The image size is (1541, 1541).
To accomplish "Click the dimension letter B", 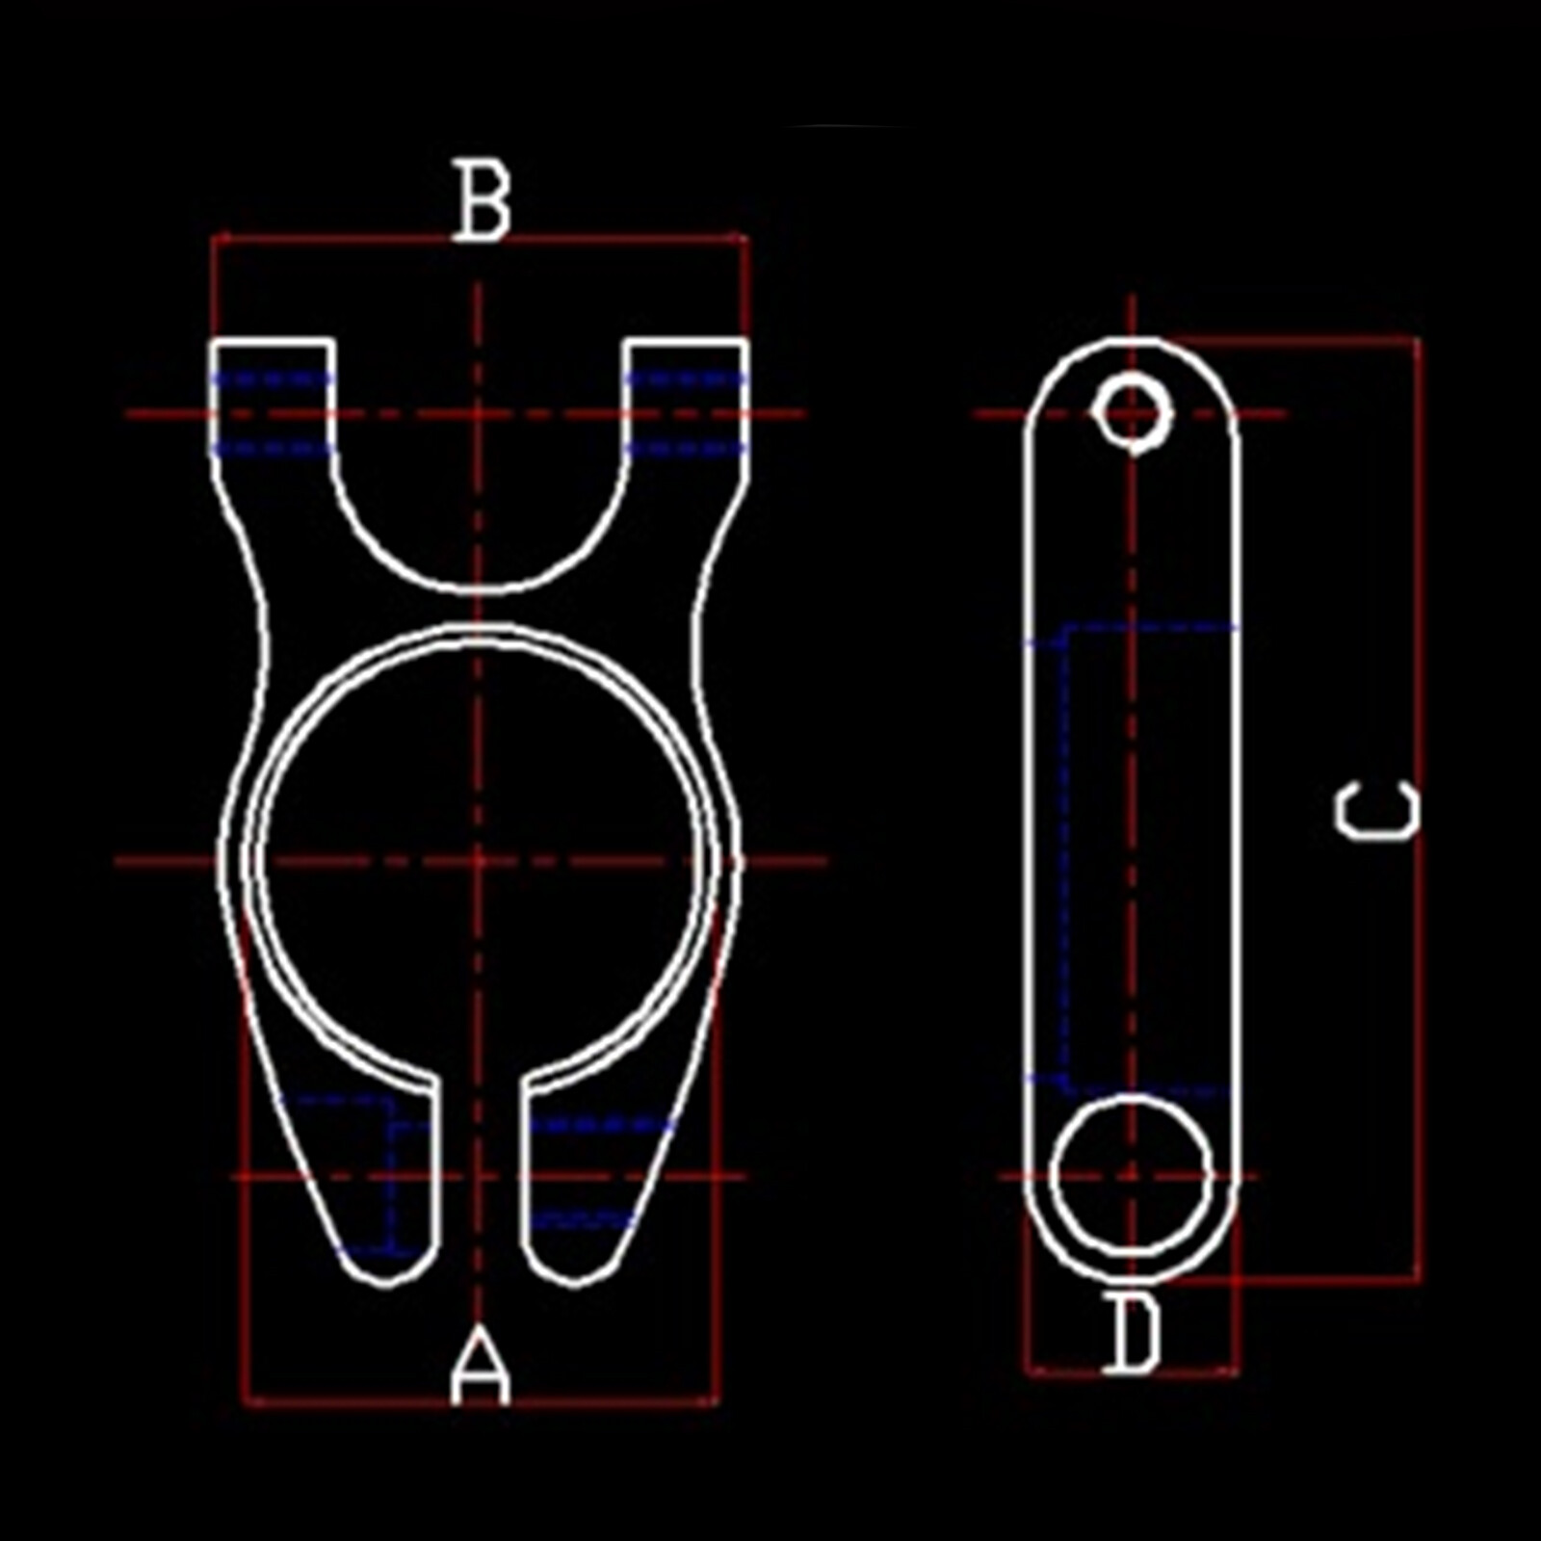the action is click(482, 201).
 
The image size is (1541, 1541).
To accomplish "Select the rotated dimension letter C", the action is click(1377, 811).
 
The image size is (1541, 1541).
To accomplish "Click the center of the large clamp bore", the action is click(479, 860).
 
